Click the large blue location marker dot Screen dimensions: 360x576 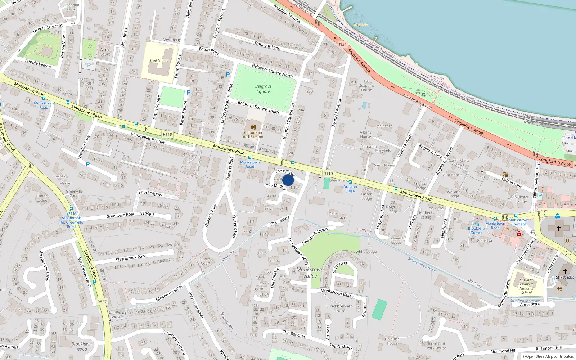(x=288, y=180)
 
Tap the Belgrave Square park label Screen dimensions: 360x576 (x=263, y=89)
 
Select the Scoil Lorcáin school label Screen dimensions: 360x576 (x=159, y=60)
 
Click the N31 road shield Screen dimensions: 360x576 (x=343, y=44)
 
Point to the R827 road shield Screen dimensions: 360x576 (x=102, y=302)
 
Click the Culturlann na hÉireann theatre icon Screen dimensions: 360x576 (x=253, y=127)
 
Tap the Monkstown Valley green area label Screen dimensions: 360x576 (x=310, y=273)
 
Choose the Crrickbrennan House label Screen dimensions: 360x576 (x=339, y=309)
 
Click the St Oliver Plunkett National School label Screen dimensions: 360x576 (x=526, y=286)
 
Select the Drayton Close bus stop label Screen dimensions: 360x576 (x=350, y=189)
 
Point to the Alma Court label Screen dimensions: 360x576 (x=105, y=52)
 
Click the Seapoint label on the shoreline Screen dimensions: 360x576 (x=360, y=24)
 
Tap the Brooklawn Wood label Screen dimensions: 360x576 (x=81, y=346)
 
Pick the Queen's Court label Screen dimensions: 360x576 (x=206, y=261)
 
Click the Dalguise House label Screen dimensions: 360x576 (x=392, y=341)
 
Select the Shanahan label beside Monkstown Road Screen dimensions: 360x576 (x=338, y=180)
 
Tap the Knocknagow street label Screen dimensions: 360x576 (x=150, y=193)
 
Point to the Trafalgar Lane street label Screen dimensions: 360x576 (x=267, y=45)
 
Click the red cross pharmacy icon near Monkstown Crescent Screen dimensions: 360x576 (x=519, y=234)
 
